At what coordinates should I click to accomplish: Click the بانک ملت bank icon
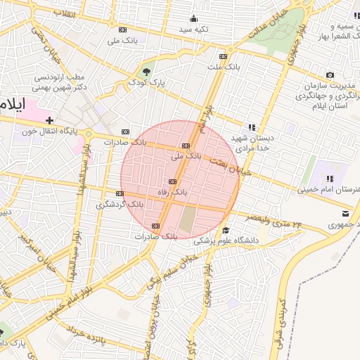tap(224, 56)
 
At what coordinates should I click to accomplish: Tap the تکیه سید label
tap(193, 29)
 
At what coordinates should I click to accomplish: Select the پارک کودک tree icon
tap(146, 72)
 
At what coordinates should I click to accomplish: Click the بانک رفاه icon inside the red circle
tap(172, 181)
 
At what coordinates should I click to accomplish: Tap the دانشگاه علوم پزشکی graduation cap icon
tap(226, 231)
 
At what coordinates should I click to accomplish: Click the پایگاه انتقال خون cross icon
tap(49, 121)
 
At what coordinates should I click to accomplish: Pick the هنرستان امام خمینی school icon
tap(330, 179)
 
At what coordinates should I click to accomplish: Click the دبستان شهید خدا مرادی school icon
tap(251, 128)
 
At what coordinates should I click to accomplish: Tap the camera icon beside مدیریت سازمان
tap(330, 75)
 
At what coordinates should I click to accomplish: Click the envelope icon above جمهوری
tap(345, 214)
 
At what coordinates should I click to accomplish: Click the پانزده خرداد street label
tap(86, 335)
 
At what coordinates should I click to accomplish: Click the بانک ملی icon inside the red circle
tap(186, 146)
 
